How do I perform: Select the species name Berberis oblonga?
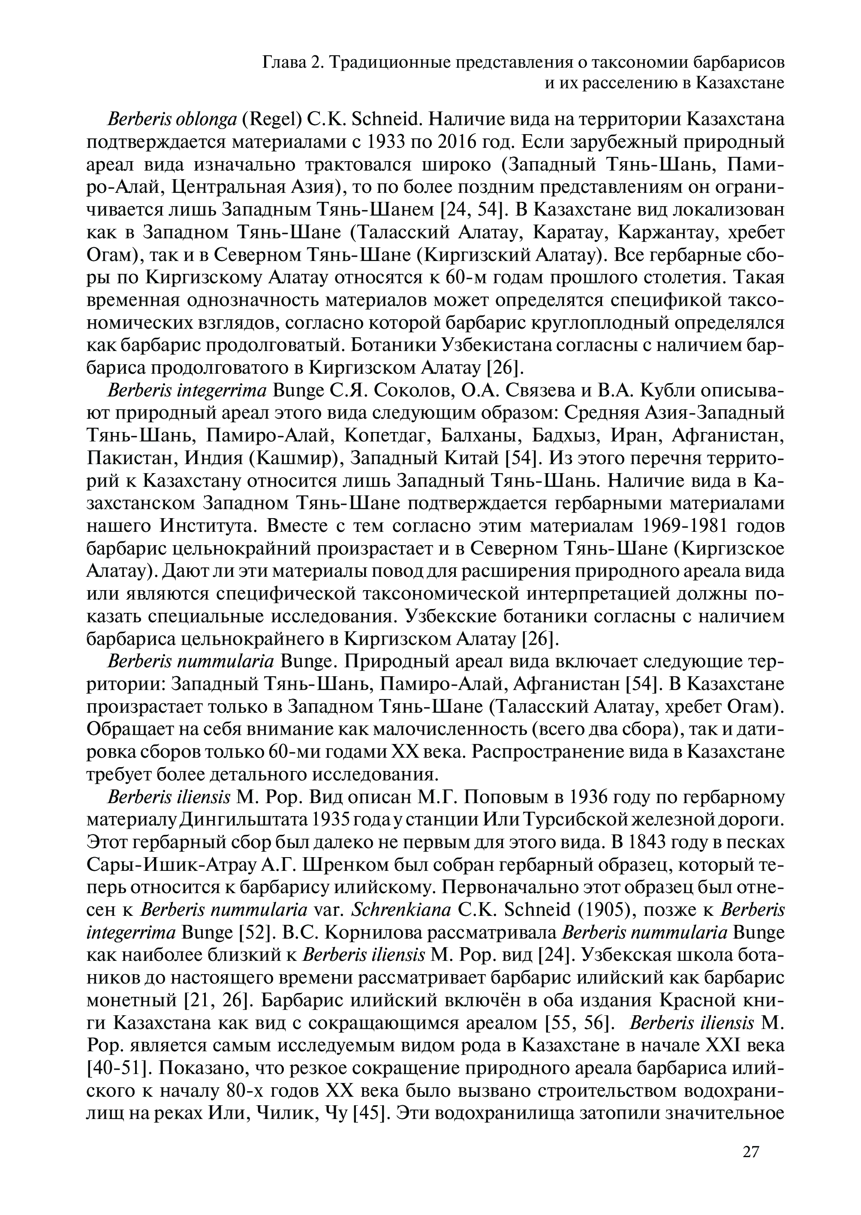(172, 120)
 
